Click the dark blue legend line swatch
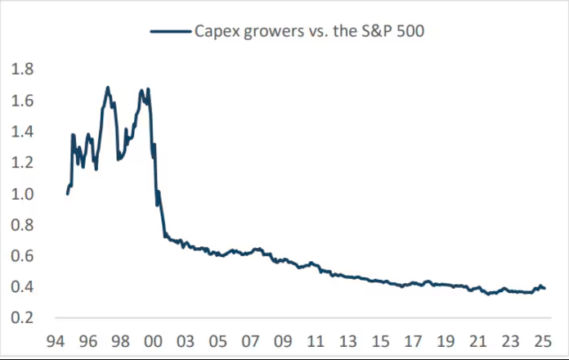point(170,31)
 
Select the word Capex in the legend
point(216,32)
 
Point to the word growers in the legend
point(274,33)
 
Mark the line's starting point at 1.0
point(67,194)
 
